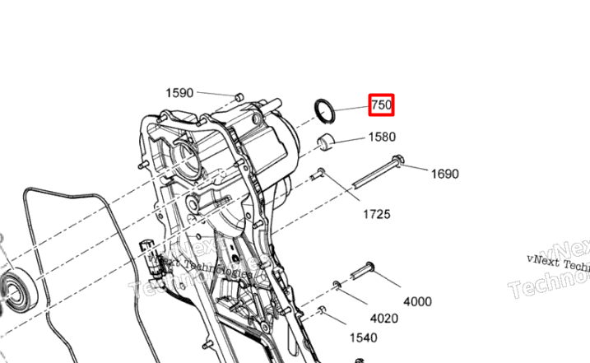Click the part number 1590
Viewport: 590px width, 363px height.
coord(179,93)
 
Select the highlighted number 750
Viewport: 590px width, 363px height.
coord(381,105)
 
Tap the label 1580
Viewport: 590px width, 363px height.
coord(382,137)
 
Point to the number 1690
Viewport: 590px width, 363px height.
coord(444,174)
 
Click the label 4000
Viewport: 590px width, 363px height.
coord(417,301)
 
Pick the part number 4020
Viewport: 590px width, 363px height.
coord(383,319)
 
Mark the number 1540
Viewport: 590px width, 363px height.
coord(363,337)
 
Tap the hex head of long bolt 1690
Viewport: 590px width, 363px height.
coord(399,161)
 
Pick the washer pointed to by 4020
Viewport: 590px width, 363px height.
coord(337,286)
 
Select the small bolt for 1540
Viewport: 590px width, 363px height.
coord(322,311)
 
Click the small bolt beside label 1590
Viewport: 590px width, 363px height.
coord(238,97)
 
